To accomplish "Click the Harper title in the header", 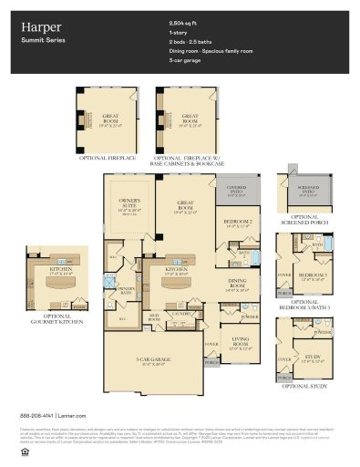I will point(36,27).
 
